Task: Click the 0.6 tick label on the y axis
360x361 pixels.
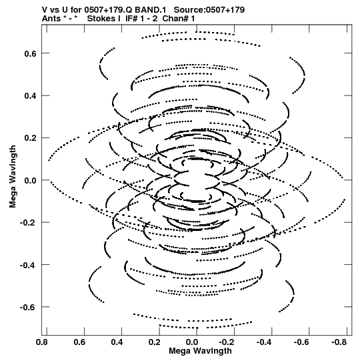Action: [31, 53]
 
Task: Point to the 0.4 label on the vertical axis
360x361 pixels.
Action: [31, 96]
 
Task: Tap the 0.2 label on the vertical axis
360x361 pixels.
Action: [31, 138]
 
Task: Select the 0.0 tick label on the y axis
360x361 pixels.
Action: [31, 180]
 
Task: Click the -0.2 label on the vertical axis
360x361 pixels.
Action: [28, 223]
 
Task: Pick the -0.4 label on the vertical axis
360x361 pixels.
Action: [28, 265]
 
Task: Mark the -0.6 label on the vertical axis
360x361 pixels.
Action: [28, 308]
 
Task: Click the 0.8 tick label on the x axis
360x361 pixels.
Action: [42, 342]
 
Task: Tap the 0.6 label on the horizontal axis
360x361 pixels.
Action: [79, 342]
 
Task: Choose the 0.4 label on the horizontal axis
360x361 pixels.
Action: [117, 342]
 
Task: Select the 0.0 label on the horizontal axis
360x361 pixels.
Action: [192, 342]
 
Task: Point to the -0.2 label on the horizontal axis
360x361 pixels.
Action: [227, 342]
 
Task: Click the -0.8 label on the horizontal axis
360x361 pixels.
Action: [339, 342]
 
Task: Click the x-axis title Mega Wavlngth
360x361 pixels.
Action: [200, 352]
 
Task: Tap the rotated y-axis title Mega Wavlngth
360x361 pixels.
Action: [13, 177]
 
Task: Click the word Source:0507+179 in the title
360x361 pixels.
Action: [209, 10]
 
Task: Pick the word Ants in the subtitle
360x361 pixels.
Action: [51, 19]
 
